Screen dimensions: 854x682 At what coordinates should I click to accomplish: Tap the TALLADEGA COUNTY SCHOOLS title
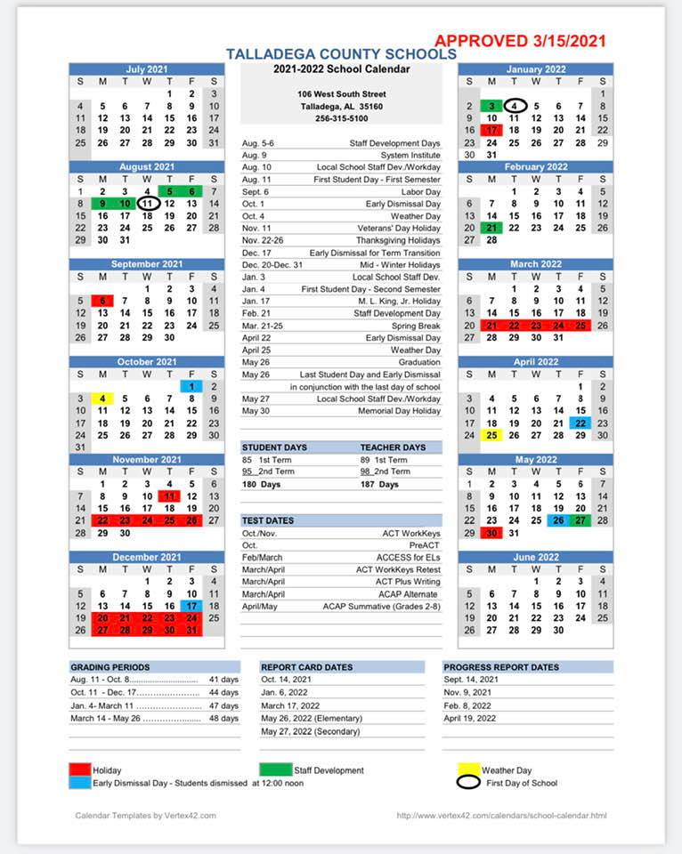point(341,54)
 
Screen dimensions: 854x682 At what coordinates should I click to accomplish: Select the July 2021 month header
point(147,69)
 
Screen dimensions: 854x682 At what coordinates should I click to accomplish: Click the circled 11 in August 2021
point(148,204)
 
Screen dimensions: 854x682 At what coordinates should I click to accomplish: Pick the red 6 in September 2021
point(102,301)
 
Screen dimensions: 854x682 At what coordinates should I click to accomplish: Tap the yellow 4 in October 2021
point(102,399)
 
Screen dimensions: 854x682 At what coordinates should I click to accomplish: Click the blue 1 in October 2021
point(191,386)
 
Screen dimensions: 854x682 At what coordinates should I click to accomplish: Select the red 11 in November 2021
point(169,496)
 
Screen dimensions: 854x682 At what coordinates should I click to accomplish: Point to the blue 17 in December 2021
point(191,606)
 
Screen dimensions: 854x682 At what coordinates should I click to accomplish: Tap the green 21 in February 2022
point(491,228)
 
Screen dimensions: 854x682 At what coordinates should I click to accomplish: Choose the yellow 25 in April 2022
point(491,435)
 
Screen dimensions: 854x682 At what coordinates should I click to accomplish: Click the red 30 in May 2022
point(491,533)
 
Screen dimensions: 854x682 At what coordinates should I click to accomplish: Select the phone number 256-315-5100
point(341,118)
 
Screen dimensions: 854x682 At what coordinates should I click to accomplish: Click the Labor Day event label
point(421,192)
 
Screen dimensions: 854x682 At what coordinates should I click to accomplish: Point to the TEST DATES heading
point(269,520)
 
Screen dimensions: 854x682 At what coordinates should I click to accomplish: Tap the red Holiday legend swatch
point(80,770)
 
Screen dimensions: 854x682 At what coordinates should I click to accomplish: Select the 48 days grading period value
point(223,718)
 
